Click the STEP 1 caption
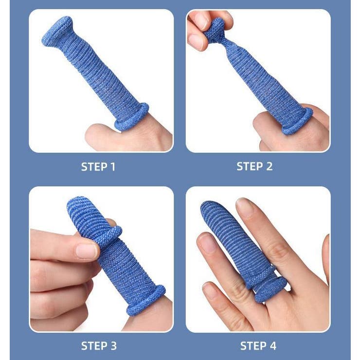pyautogui.click(x=98, y=167)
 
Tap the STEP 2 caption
pyautogui.click(x=254, y=166)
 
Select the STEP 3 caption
pyautogui.click(x=99, y=346)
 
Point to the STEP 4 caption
pyautogui.click(x=258, y=346)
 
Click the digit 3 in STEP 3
pyautogui.click(x=113, y=346)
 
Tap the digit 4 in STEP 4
pyautogui.click(x=272, y=346)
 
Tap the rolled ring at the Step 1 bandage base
pyautogui.click(x=132, y=117)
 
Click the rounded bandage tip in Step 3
pyautogui.click(x=79, y=204)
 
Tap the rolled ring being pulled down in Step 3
pyautogui.click(x=108, y=235)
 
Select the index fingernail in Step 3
pyautogui.click(x=86, y=251)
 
